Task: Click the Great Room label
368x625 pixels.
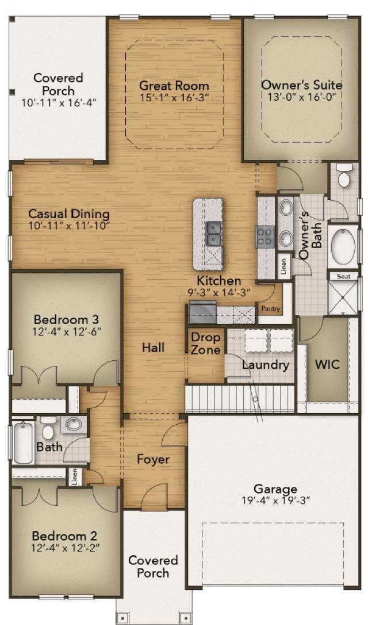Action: [x=174, y=85]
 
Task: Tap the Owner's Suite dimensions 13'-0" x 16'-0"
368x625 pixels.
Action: [x=302, y=96]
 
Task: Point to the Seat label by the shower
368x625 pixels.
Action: [x=344, y=276]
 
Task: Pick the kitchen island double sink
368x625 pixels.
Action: [x=214, y=233]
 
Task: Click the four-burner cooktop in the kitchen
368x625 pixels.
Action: [x=265, y=237]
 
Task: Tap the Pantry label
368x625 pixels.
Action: [x=270, y=308]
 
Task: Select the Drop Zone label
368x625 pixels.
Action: [x=205, y=343]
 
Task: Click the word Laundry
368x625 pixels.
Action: [x=266, y=365]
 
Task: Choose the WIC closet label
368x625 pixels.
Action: [x=327, y=364]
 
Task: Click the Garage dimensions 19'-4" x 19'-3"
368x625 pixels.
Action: [x=275, y=500]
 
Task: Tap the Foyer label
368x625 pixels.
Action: [x=154, y=459]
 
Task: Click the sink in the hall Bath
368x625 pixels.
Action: [x=73, y=424]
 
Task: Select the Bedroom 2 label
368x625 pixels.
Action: [x=64, y=535]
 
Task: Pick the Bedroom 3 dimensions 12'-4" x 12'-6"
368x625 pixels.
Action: [x=67, y=331]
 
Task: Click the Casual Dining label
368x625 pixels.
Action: [x=69, y=214]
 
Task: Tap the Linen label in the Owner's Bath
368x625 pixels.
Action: [x=283, y=266]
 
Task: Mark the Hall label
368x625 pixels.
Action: [x=154, y=348]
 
